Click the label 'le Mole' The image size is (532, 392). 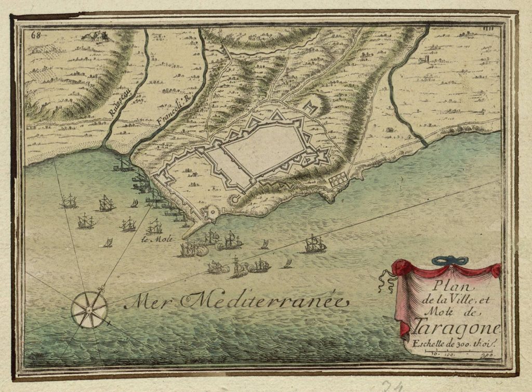pos(153,240)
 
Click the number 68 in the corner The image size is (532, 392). pos(37,35)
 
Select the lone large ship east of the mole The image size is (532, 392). pos(315,244)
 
